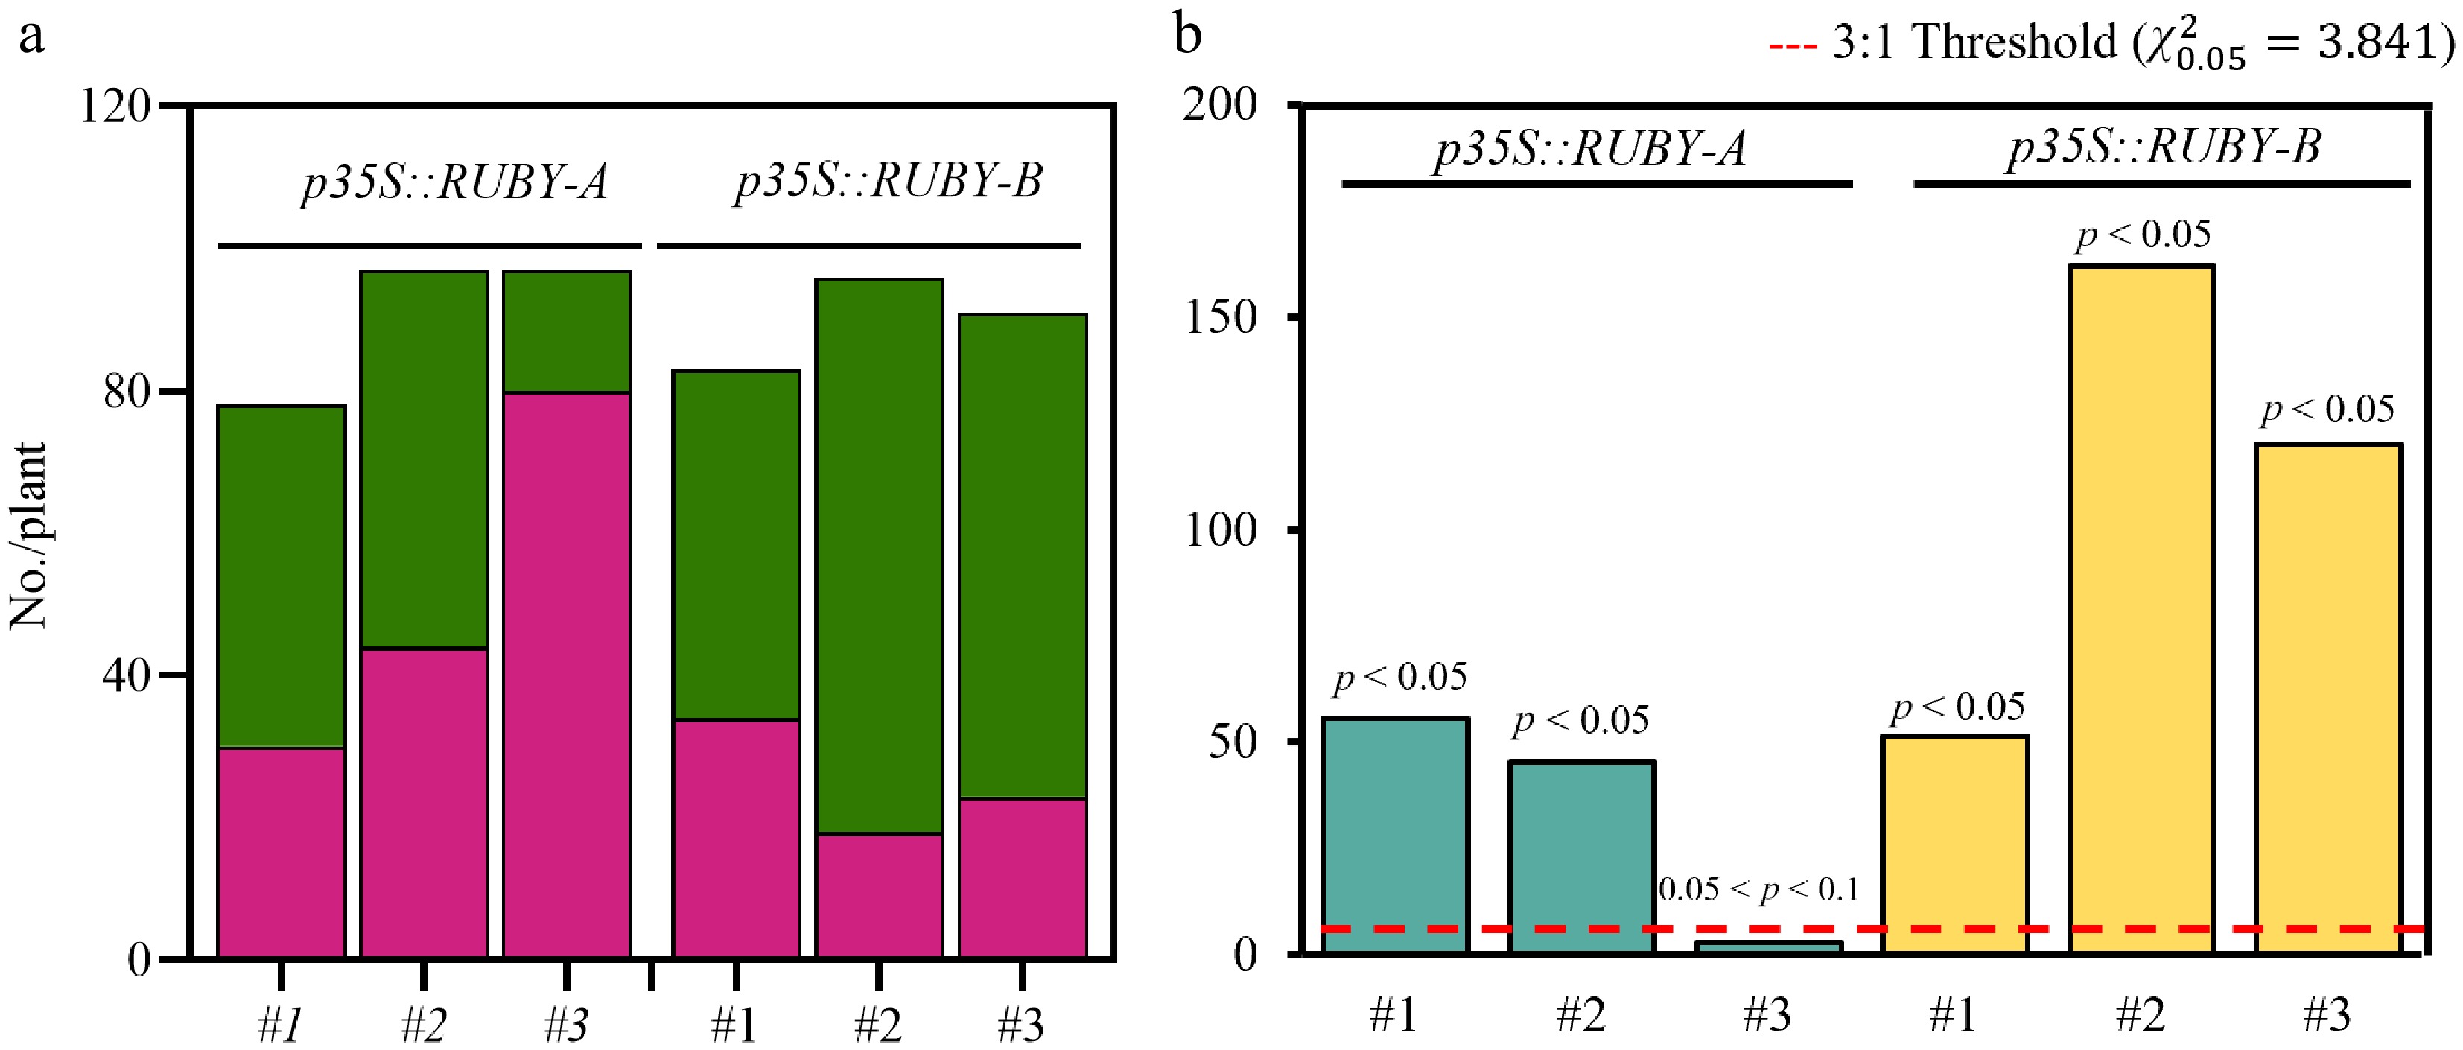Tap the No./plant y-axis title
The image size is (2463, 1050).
[x=29, y=535]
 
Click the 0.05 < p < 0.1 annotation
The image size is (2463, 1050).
[x=1758, y=891]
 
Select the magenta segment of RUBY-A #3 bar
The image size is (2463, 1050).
[x=566, y=674]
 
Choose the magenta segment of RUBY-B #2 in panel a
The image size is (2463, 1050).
[x=879, y=895]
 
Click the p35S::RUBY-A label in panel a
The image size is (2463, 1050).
[x=454, y=182]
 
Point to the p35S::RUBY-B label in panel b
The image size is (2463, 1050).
[x=2164, y=147]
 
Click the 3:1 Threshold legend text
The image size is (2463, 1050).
[x=2137, y=44]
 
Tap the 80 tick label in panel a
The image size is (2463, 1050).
[x=127, y=391]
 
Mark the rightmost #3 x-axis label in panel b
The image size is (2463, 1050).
[x=2325, y=1014]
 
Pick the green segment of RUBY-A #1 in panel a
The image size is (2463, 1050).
[x=281, y=576]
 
